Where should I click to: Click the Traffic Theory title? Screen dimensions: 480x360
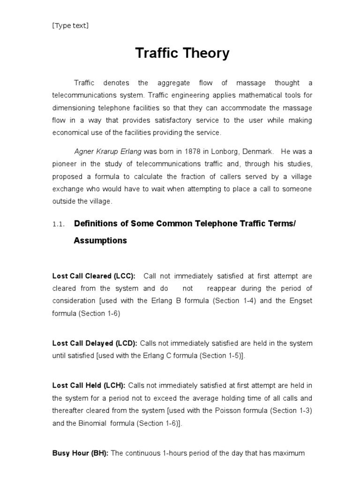182,53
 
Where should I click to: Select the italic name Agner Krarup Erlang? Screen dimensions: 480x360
108,151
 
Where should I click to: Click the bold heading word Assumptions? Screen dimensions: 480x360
100,240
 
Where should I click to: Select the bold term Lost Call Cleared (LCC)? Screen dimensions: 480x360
94,276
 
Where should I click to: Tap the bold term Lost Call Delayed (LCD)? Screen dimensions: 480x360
94,343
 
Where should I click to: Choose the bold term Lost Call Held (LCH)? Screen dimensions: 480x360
89,385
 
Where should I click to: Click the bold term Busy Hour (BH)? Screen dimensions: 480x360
80,453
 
